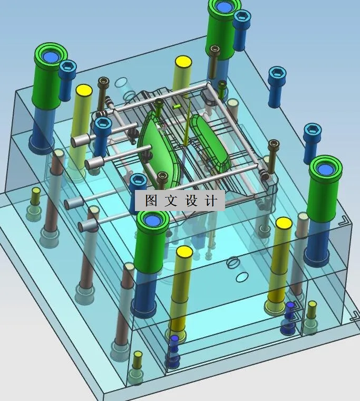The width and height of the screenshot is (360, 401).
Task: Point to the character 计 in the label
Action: pos(211,201)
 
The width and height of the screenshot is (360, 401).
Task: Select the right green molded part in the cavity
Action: pos(211,140)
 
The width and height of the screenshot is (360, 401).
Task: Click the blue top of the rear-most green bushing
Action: pos(225,7)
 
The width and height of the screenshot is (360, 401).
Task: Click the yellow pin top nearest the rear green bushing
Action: pos(183,62)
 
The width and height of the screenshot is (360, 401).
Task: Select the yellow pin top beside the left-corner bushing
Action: pos(83,90)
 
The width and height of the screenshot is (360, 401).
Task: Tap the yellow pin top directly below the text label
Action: pos(184,251)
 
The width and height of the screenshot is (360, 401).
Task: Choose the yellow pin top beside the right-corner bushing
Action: pos(284,223)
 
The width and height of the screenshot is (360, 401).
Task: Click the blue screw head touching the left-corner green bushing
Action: pos(68,66)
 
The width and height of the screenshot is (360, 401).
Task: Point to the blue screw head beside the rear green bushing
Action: pos(241,16)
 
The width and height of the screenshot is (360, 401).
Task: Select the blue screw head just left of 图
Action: pos(138,180)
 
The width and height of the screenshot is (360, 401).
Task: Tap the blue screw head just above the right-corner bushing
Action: pos(313,129)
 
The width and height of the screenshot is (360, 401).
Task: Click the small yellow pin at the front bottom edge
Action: pos(138,355)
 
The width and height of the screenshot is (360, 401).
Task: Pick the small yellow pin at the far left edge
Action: pos(36,190)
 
